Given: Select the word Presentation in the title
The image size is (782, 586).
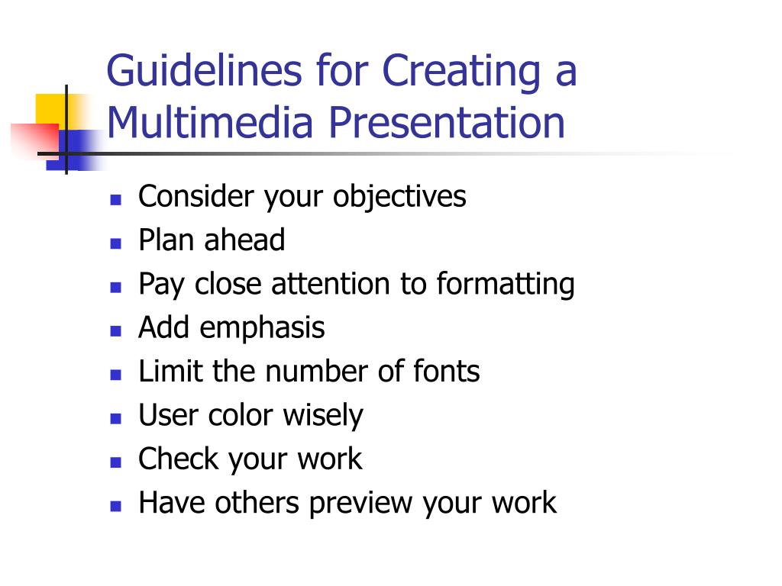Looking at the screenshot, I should (448, 123).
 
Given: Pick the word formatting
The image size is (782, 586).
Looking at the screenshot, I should (506, 285).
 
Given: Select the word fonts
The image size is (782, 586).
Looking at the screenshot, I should (447, 372).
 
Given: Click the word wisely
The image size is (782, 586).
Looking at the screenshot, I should (323, 416).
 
